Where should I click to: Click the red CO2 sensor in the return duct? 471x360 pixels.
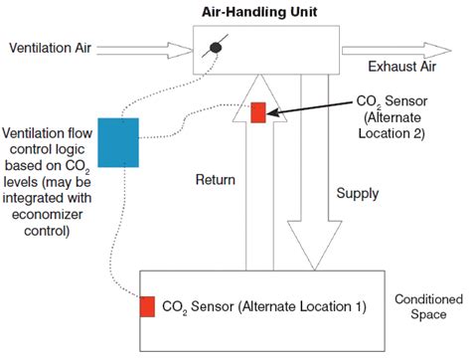coord(258,112)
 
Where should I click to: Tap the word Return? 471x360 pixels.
coord(214,180)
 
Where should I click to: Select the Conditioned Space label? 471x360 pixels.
coord(428,306)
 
